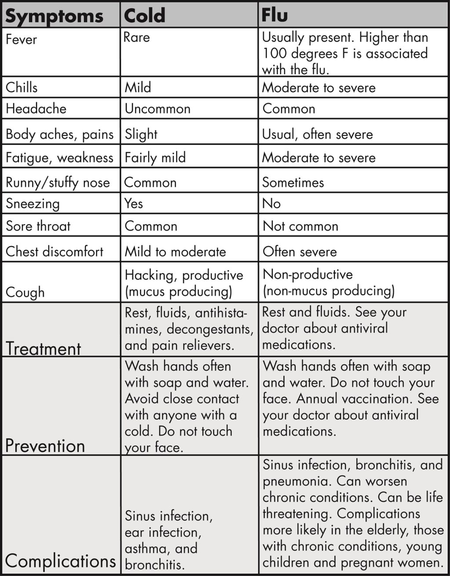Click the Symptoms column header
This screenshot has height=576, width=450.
(x=54, y=16)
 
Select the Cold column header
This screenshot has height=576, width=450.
(x=145, y=16)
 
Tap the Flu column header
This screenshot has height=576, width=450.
(x=275, y=15)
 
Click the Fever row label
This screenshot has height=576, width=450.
(x=21, y=40)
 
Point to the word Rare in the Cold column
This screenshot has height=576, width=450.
(x=137, y=38)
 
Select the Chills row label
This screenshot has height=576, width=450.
(x=22, y=87)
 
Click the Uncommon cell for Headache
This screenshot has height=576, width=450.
(x=157, y=109)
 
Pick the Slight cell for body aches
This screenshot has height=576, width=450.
(x=141, y=134)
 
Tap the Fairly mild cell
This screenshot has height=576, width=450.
(x=155, y=158)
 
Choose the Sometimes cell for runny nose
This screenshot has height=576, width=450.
(x=293, y=182)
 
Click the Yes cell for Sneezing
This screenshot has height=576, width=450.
(x=134, y=203)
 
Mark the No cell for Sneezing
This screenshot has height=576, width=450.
(x=271, y=203)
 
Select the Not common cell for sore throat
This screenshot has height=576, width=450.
(x=301, y=226)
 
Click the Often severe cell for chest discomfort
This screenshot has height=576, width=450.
(x=300, y=252)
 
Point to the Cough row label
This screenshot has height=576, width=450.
(x=25, y=292)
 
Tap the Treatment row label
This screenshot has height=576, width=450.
(x=43, y=348)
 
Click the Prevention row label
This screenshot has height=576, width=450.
(x=45, y=446)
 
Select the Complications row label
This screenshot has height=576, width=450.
(x=60, y=561)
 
